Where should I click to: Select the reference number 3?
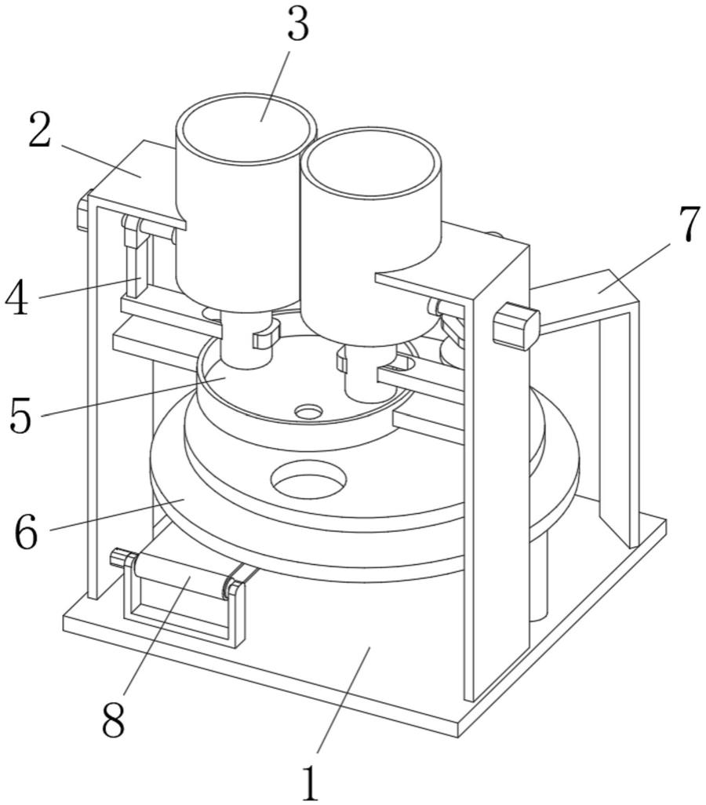(297, 25)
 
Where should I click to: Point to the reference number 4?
(17, 298)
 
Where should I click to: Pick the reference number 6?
(25, 532)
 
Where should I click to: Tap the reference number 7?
(688, 224)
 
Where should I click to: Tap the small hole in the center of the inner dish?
(308, 410)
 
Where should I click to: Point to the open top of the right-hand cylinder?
(372, 162)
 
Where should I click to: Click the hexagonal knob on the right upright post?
(515, 325)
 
